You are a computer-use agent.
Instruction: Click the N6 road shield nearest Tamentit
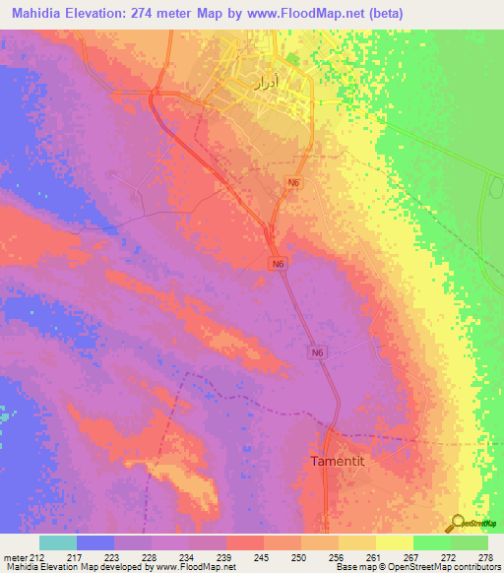coord(318,353)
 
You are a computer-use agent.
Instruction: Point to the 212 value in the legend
coord(35,556)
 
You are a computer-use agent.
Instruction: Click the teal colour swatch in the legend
coord(58,542)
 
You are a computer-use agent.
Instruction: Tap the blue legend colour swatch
coord(95,542)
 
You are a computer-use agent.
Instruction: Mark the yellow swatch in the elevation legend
coord(394,542)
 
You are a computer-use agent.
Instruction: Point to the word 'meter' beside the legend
coord(14,556)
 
